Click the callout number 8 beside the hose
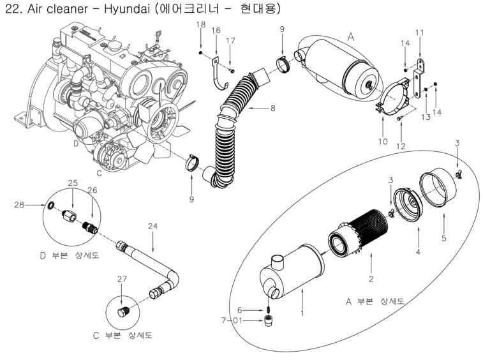[272, 108]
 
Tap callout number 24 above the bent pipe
[152, 225]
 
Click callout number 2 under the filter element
[370, 278]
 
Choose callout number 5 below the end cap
[444, 238]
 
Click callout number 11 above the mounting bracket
[419, 33]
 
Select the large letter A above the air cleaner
[350, 38]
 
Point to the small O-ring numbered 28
[50, 205]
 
